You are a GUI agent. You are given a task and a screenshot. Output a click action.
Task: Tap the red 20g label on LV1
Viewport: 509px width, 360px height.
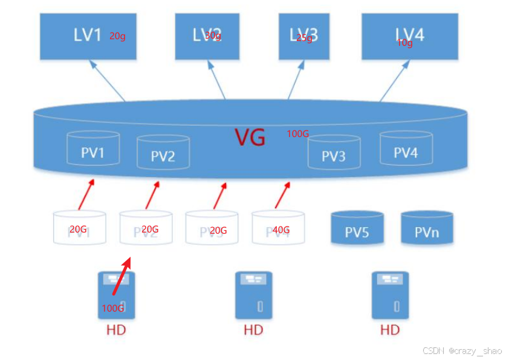tap(117, 36)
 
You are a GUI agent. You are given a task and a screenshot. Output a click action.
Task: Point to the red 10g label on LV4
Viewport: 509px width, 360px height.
tap(404, 43)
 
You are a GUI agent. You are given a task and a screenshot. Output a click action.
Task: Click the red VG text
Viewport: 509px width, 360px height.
tap(250, 138)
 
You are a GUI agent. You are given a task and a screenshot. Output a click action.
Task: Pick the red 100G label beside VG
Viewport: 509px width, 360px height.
tap(298, 133)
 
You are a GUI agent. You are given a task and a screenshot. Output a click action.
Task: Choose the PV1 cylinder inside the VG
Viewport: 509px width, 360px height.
tap(92, 149)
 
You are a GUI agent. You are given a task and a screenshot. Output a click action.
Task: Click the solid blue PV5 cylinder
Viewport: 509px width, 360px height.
tap(357, 228)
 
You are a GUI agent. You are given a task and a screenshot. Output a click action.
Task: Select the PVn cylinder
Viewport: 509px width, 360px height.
tap(427, 228)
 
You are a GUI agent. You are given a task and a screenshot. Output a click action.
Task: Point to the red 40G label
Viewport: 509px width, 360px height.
tap(281, 230)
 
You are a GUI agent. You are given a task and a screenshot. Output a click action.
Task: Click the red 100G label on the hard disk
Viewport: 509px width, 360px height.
tap(112, 308)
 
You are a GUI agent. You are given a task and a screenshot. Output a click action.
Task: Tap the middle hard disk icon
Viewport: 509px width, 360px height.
tap(253, 295)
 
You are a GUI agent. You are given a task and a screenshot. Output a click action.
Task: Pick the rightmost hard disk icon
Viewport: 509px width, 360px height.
tap(390, 295)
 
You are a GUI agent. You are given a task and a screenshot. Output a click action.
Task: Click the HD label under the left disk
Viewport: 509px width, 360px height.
tap(116, 330)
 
